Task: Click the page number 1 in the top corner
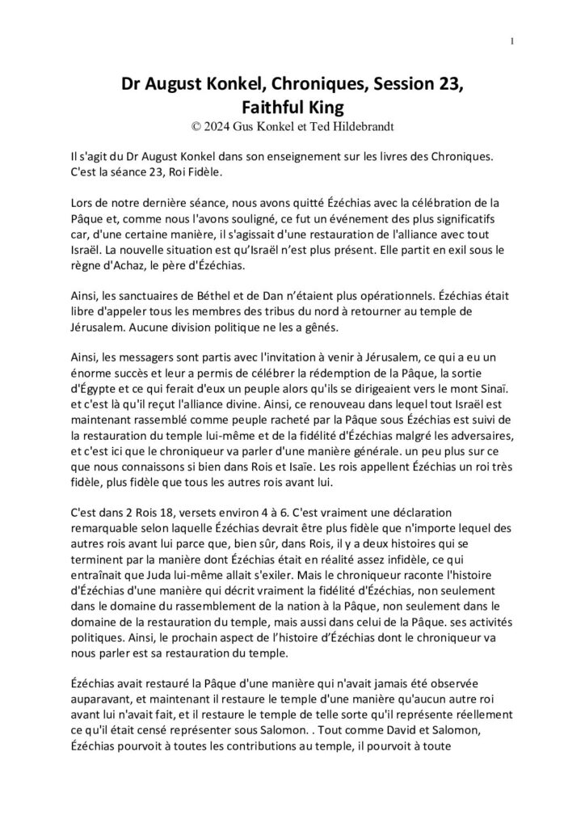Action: [512, 42]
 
